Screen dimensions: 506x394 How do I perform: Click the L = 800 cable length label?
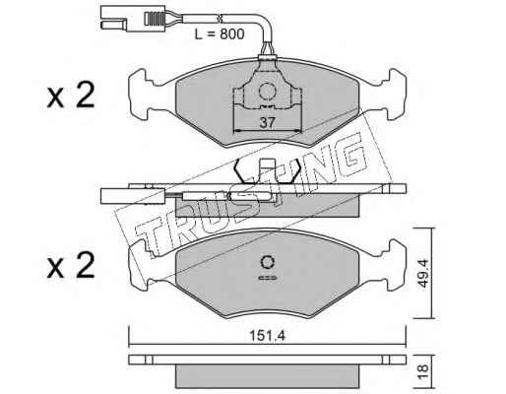point(220,33)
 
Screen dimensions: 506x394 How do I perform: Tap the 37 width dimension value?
point(267,123)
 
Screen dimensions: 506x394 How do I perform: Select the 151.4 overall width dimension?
point(268,336)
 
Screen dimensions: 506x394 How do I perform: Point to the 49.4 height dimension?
point(423,273)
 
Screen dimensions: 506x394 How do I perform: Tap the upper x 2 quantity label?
point(71,96)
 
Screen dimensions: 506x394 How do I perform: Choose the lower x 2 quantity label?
point(71,266)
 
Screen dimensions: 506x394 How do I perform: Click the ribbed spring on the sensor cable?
point(155,19)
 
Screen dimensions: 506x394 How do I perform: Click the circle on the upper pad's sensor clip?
point(267,91)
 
